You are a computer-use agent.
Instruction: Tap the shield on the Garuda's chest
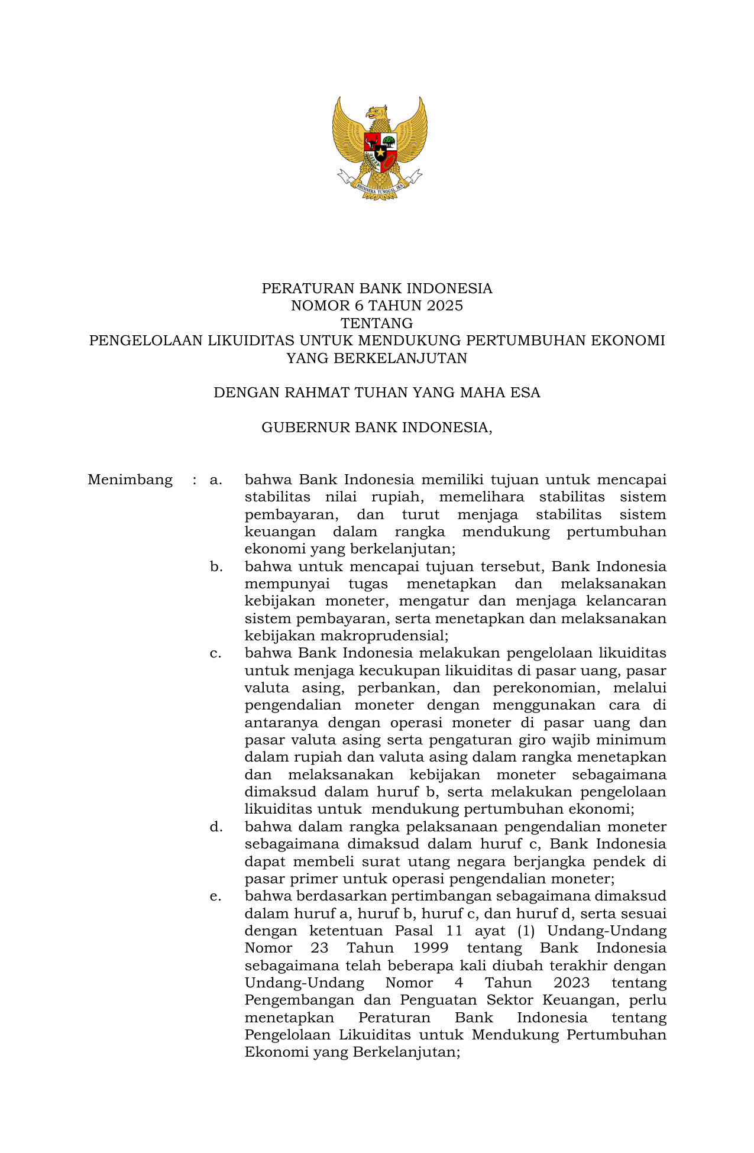(380, 151)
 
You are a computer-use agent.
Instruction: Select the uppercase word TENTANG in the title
(377, 323)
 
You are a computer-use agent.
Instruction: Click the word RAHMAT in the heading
(315, 393)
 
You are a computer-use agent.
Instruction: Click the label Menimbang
(130, 480)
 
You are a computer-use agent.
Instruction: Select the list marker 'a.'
(216, 480)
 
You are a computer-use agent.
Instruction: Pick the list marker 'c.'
(216, 653)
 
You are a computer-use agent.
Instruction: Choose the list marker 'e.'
(216, 896)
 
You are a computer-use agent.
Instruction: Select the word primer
(310, 879)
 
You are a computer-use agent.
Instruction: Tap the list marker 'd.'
(216, 827)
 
